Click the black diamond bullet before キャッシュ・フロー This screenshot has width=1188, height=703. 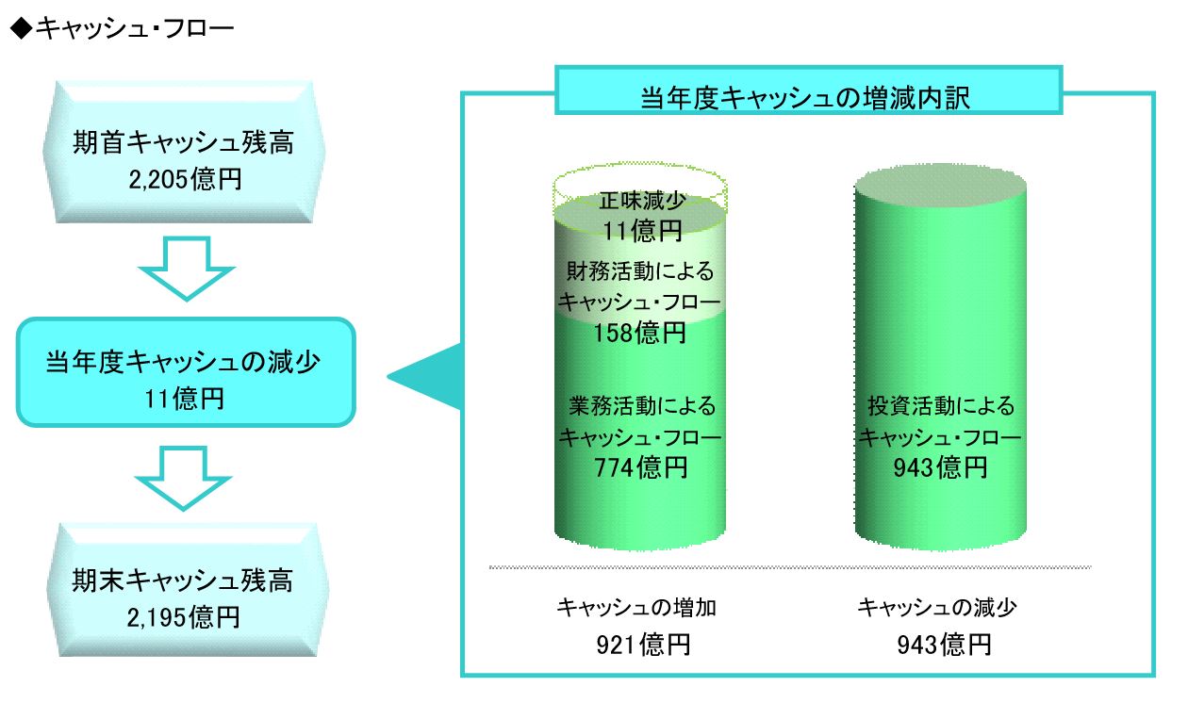click(22, 28)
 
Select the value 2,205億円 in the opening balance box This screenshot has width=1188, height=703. click(185, 179)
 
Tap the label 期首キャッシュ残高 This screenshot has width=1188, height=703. click(183, 142)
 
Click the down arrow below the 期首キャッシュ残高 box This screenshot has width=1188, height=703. click(186, 269)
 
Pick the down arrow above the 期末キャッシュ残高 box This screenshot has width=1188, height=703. click(184, 478)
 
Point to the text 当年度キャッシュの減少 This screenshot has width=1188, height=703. click(183, 362)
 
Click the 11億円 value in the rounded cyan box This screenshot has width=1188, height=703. click(185, 399)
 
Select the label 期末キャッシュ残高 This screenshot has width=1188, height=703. click(183, 580)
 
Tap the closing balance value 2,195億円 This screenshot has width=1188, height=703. click(184, 617)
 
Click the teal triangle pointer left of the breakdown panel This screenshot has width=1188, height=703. click(424, 376)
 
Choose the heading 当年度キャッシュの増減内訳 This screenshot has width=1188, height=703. click(805, 98)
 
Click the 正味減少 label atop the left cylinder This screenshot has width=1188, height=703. click(643, 201)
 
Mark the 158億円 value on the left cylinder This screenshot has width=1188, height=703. click(639, 333)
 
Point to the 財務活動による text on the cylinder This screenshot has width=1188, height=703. click(640, 270)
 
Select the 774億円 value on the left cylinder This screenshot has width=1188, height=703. click(641, 467)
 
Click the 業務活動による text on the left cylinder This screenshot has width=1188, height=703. click(642, 406)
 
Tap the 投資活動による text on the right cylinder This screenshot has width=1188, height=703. click(941, 406)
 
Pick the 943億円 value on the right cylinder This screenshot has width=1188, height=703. click(940, 467)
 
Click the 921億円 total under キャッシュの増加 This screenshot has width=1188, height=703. click(643, 645)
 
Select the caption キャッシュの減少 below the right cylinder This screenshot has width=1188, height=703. click(937, 608)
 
